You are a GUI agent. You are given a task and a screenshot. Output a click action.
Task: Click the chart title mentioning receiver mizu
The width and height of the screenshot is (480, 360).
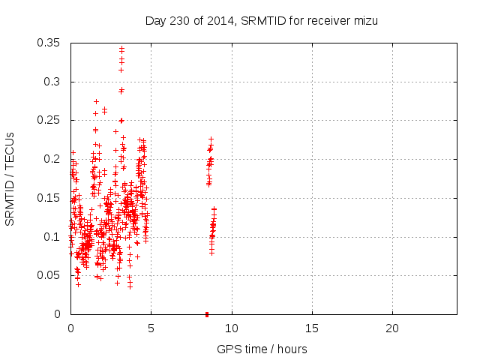tap(261, 21)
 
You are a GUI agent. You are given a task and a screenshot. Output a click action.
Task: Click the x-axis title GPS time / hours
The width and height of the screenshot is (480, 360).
tap(262, 349)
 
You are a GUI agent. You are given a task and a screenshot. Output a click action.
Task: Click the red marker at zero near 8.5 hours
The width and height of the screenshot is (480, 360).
tap(207, 313)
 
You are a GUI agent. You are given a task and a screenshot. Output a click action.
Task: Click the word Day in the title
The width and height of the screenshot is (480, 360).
tap(155, 21)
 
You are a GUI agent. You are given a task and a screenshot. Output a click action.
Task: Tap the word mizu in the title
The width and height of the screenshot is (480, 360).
tap(364, 21)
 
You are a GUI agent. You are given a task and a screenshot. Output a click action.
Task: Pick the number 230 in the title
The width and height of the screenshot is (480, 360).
tap(179, 21)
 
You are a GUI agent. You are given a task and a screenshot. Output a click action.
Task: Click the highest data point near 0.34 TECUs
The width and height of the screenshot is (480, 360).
tap(121, 49)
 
